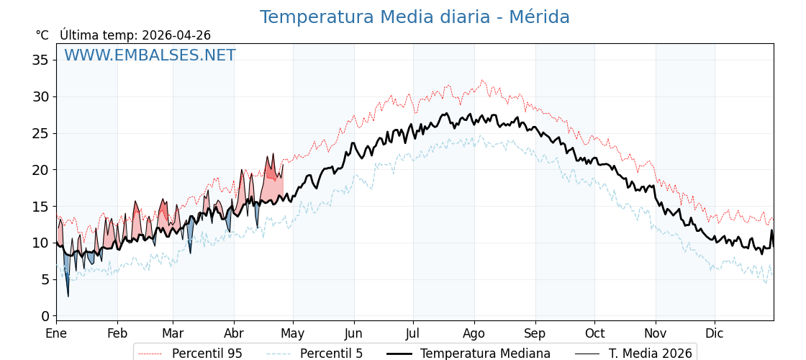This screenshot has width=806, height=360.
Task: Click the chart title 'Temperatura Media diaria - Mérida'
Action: point(415,17)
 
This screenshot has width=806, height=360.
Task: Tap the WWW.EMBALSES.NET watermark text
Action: point(150,55)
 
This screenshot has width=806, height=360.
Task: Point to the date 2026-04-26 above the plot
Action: point(176,35)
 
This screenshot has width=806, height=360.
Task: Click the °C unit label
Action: point(42,35)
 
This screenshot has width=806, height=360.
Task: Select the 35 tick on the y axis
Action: point(40,60)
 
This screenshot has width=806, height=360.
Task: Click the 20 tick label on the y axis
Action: point(40,170)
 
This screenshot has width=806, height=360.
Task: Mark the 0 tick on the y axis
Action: point(45,316)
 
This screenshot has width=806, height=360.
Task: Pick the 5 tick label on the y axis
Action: point(45,279)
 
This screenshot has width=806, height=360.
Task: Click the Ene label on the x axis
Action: point(56,333)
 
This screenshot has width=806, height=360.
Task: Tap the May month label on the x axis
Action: point(293,333)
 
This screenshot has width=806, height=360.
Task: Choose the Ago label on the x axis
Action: point(474,333)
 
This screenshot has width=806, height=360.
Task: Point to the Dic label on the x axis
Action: point(715,333)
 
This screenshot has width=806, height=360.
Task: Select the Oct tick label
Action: point(594,333)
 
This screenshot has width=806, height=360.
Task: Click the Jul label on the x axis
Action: point(413,333)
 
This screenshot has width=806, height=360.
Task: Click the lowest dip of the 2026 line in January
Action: point(68,296)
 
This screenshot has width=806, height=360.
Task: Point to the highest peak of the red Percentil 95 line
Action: point(482,81)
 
